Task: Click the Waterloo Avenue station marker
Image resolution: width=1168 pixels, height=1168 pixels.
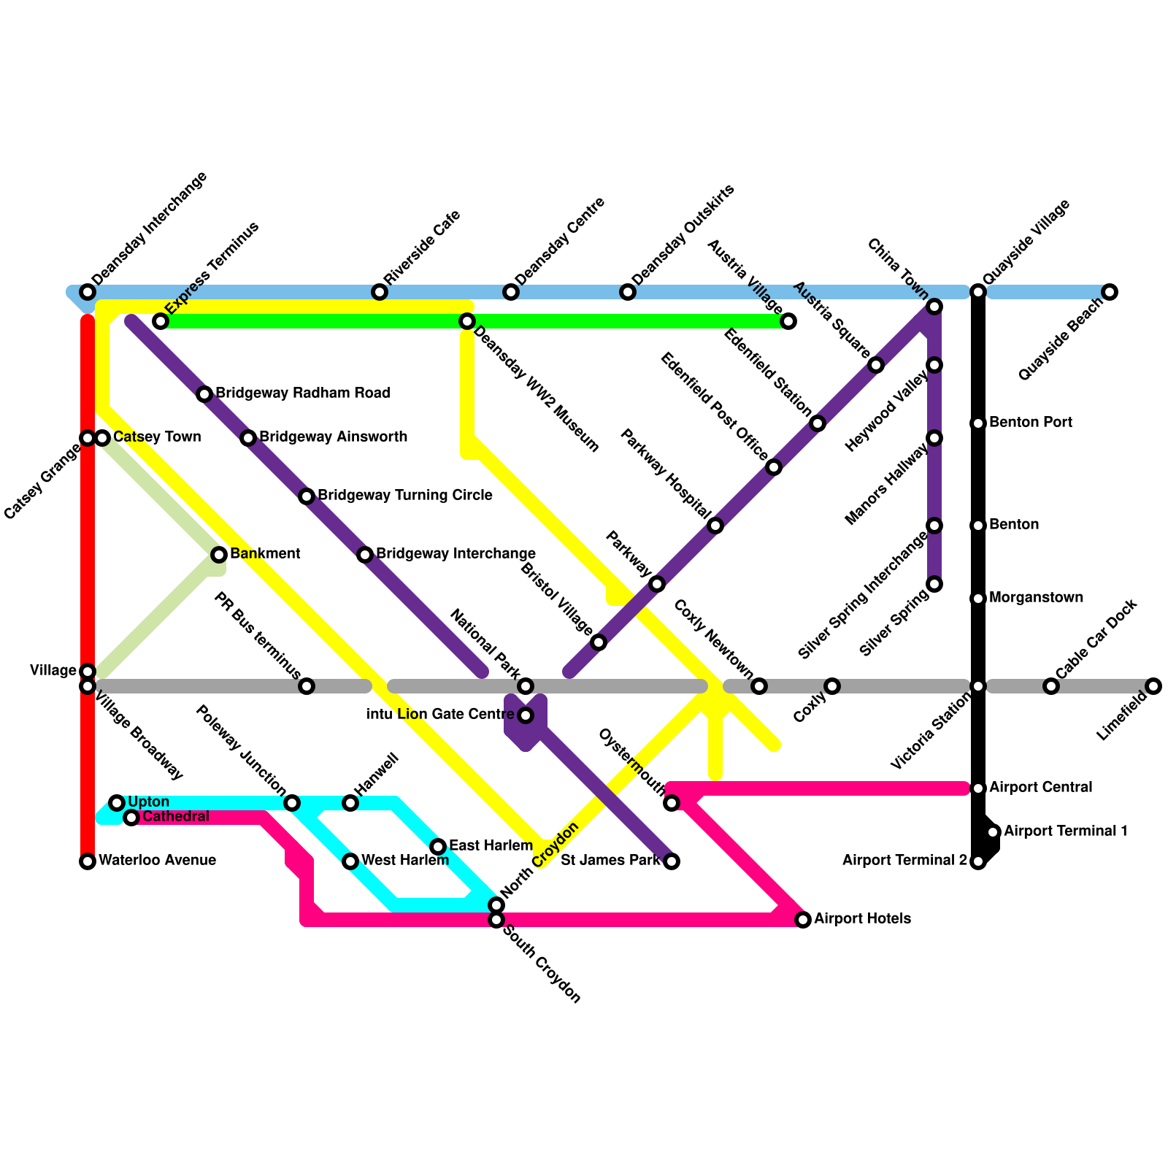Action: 88,861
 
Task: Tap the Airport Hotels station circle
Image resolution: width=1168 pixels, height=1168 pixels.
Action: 803,920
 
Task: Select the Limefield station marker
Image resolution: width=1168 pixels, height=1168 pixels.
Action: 1153,686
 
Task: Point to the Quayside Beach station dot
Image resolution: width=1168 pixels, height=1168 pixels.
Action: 1110,292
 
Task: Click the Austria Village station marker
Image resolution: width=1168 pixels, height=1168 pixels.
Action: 788,321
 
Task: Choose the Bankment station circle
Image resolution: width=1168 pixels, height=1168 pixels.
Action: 219,555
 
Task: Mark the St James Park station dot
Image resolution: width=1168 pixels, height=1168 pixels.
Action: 672,861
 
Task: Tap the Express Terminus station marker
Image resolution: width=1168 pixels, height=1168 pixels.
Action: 161,321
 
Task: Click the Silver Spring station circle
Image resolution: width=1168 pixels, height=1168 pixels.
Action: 934,584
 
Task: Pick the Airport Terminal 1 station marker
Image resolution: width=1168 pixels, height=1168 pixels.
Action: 993,832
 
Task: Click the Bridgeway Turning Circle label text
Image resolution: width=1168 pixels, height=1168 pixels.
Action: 404,496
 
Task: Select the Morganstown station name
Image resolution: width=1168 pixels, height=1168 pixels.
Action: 1036,598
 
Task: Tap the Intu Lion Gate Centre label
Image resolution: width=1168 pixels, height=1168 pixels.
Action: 440,715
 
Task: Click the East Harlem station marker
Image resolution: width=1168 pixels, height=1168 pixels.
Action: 438,847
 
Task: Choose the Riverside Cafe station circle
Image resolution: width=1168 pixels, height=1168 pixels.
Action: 380,292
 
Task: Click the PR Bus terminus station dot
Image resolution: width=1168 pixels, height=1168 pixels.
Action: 307,686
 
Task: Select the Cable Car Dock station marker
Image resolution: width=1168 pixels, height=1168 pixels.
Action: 1051,686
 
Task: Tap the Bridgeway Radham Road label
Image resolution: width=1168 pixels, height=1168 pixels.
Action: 302,393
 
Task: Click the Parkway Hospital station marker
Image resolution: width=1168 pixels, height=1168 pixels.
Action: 715,526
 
